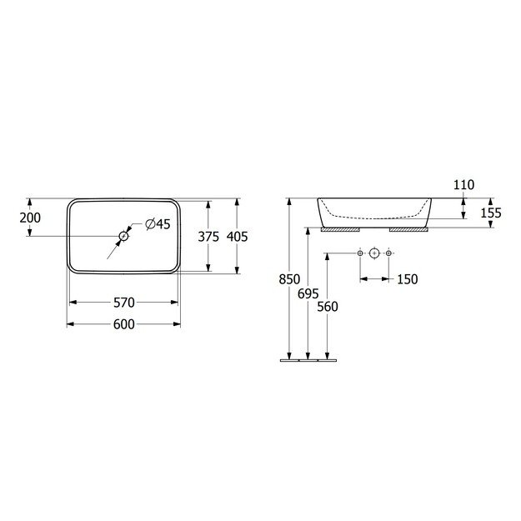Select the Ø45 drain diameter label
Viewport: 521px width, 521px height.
158,223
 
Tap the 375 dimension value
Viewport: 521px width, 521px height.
208,237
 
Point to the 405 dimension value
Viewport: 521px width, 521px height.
238,237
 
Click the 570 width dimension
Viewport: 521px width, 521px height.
123,302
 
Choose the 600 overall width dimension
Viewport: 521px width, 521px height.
123,324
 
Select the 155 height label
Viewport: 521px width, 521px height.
491,213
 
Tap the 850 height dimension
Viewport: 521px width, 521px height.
288,279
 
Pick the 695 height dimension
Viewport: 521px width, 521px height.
308,293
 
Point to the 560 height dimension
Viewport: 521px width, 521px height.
328,306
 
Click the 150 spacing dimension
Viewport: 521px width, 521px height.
407,279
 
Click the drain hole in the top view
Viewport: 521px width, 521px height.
123,237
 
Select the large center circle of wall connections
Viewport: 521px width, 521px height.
374,253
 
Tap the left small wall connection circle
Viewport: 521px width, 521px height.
359,253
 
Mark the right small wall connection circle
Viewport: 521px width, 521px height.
388,253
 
